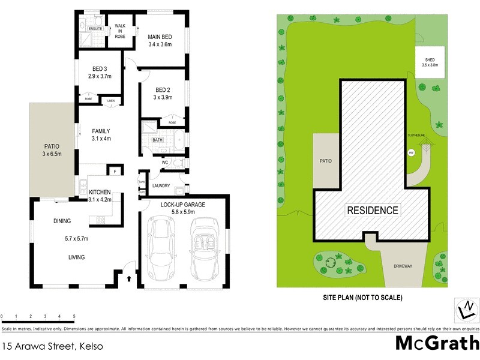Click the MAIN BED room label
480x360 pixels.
click(x=160, y=36)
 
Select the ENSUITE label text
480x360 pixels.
click(x=95, y=28)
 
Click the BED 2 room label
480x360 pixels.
click(x=163, y=89)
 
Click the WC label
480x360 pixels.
click(x=164, y=163)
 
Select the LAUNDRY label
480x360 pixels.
click(x=161, y=185)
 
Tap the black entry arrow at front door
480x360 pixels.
click(x=130, y=278)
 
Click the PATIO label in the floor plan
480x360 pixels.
click(x=52, y=146)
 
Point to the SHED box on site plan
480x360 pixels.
click(x=430, y=62)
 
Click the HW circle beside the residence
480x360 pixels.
click(x=411, y=152)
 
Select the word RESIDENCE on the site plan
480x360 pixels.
click(x=372, y=210)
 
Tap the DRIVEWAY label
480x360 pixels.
click(x=403, y=265)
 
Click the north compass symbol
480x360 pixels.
click(x=466, y=310)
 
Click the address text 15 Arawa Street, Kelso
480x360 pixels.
click(x=53, y=346)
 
